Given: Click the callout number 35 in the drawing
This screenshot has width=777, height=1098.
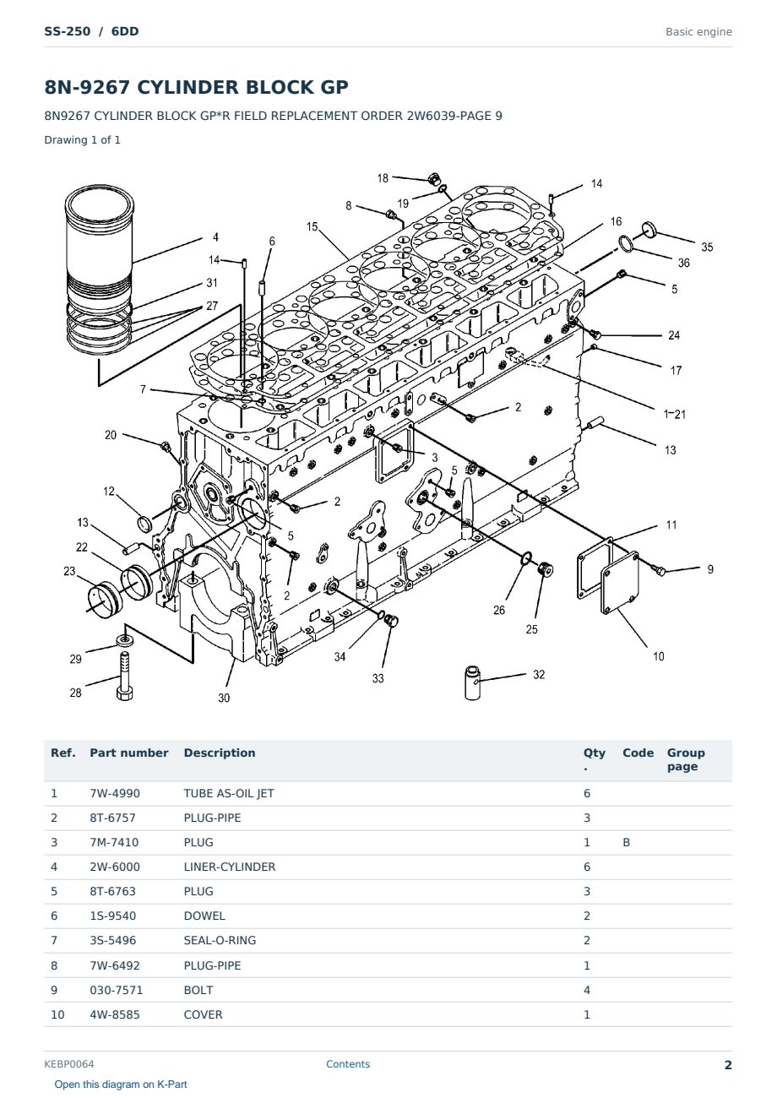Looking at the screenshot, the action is pos(706,247).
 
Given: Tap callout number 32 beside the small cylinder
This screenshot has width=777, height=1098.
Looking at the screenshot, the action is pos(539,675).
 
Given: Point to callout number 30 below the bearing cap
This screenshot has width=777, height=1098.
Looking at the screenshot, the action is pos(224,698).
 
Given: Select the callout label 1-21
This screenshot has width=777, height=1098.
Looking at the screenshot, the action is pos(674,414).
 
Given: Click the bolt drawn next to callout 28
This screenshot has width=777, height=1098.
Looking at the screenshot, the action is pos(124,676).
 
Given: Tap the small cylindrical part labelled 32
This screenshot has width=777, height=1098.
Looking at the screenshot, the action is pos(472,682).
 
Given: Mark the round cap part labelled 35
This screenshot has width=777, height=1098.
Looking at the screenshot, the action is pos(649,228).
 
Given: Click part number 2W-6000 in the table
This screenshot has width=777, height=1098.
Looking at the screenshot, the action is pos(115,867).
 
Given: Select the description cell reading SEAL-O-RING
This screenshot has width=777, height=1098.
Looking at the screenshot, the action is pos(220,940).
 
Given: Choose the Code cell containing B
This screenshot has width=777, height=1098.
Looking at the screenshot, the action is pos(626,842).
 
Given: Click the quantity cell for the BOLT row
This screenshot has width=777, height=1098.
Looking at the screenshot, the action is pos(587,990).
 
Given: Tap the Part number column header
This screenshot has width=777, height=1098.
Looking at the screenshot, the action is pos(129,753).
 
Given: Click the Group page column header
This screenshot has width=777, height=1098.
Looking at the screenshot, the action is pos(686,760).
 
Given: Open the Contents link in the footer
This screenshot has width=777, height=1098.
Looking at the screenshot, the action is pos(348,1064).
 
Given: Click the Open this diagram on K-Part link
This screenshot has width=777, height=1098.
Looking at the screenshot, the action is pos(121,1084).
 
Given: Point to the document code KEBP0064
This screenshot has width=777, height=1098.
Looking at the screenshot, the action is pos(69,1064).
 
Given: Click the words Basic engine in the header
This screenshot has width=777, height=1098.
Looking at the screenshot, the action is pos(698,32).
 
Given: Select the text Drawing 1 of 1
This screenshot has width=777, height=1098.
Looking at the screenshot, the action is pos(83,140).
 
